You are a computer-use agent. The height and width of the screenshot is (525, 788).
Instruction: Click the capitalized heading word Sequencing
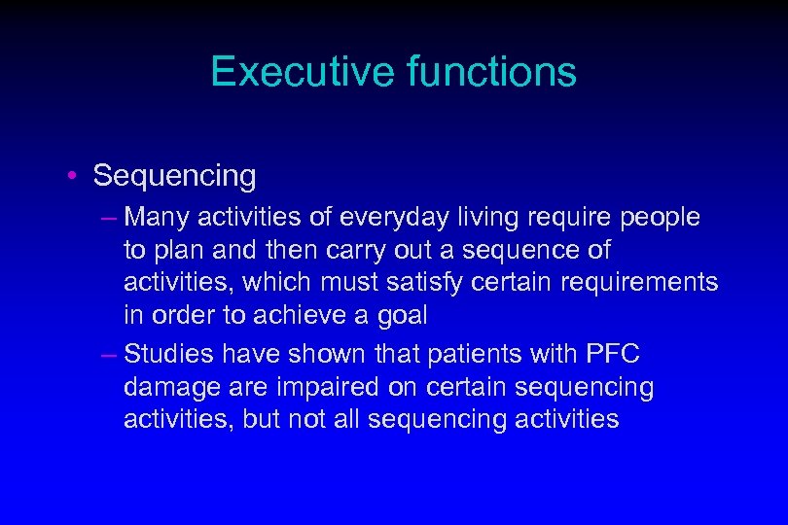tap(175, 177)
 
